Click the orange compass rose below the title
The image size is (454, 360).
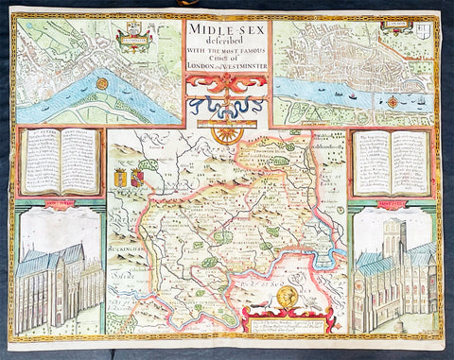coord(226,134)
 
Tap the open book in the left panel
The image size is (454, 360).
coord(61,158)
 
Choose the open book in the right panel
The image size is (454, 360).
coord(391,160)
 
